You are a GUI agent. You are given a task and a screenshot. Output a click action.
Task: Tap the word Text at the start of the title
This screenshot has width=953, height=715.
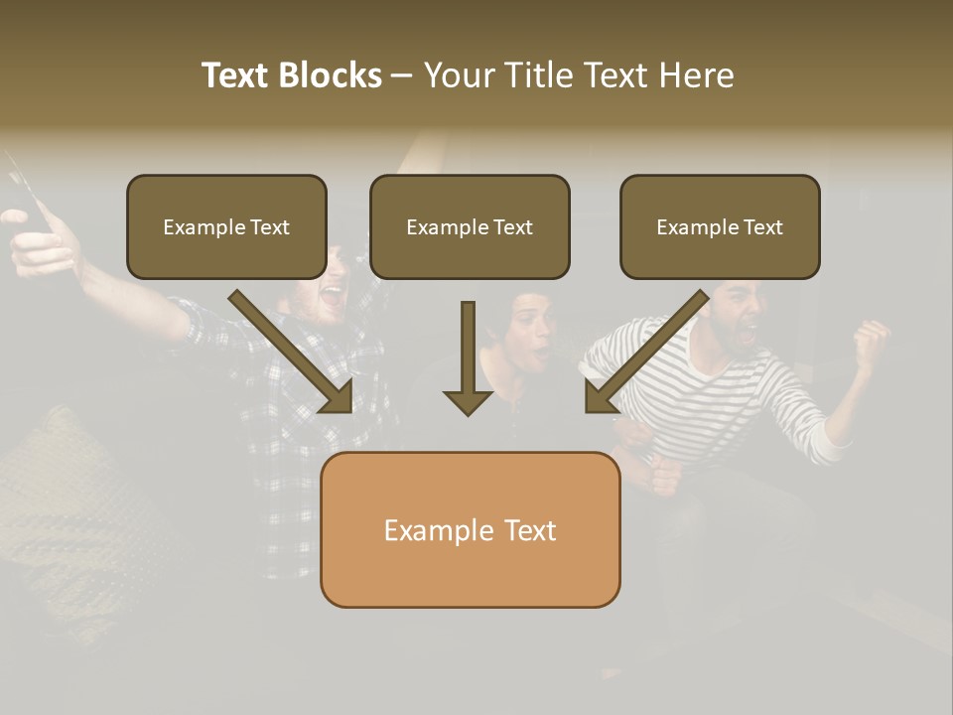click(x=237, y=75)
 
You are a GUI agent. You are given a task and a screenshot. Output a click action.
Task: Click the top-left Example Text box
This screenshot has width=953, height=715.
click(x=226, y=226)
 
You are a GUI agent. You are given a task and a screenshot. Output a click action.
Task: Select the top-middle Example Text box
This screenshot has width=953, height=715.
click(x=470, y=226)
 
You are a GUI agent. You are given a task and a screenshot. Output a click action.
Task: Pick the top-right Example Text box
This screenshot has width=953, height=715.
click(x=720, y=226)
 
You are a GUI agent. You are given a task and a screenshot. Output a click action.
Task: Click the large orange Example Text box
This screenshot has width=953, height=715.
click(x=470, y=529)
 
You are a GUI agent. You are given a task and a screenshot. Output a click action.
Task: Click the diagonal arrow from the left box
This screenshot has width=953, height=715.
click(x=293, y=352)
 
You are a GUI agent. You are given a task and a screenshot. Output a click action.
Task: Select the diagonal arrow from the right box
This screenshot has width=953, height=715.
click(x=646, y=352)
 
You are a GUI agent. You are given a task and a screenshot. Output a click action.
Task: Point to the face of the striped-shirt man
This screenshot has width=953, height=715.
click(x=740, y=316)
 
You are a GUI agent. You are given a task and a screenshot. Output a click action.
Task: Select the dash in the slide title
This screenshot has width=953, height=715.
click(x=402, y=75)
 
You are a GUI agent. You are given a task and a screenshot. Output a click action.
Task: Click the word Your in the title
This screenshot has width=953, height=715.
click(x=460, y=75)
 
